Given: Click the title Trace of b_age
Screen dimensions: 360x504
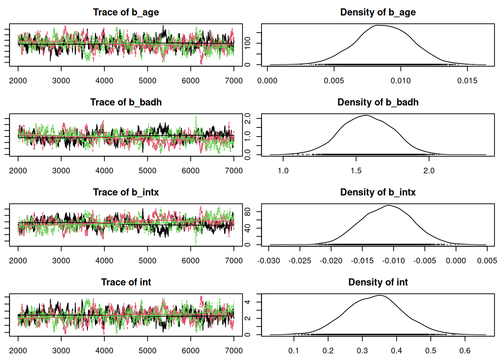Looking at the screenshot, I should coord(126,12).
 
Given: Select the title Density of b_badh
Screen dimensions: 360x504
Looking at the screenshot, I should coord(378,102).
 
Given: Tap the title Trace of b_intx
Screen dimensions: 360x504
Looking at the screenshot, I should coord(126,192).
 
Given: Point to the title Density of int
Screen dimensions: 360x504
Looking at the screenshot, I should coord(378,282).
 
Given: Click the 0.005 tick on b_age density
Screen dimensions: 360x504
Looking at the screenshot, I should coord(334,81).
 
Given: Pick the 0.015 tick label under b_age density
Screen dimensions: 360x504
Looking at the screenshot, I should coord(467,81).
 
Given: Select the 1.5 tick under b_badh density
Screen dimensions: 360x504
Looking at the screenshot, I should coord(356,171).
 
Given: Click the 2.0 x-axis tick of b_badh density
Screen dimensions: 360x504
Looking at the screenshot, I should coord(429,171).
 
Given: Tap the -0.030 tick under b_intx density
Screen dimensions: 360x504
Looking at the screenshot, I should coord(268,261).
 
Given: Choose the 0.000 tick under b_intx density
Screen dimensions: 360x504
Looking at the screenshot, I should coord(456,261).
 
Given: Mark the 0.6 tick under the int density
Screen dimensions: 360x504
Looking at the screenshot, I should coord(465,351).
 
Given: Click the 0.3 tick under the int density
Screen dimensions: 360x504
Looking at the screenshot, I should coord(362,351).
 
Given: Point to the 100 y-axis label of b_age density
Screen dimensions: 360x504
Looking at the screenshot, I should coord(247,43).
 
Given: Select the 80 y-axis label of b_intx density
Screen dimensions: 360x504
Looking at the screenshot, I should coord(247,212).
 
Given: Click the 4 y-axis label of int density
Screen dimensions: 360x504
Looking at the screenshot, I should coord(247,302).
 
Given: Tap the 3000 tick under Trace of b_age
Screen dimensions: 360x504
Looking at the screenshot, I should coord(61,81).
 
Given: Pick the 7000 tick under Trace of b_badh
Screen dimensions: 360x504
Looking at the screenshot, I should coord(234,171).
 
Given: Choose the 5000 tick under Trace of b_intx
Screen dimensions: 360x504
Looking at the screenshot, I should coord(147,261).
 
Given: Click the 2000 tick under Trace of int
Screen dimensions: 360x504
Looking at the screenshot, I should coord(18,351).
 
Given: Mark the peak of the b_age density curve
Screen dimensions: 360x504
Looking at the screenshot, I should coord(379,25).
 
